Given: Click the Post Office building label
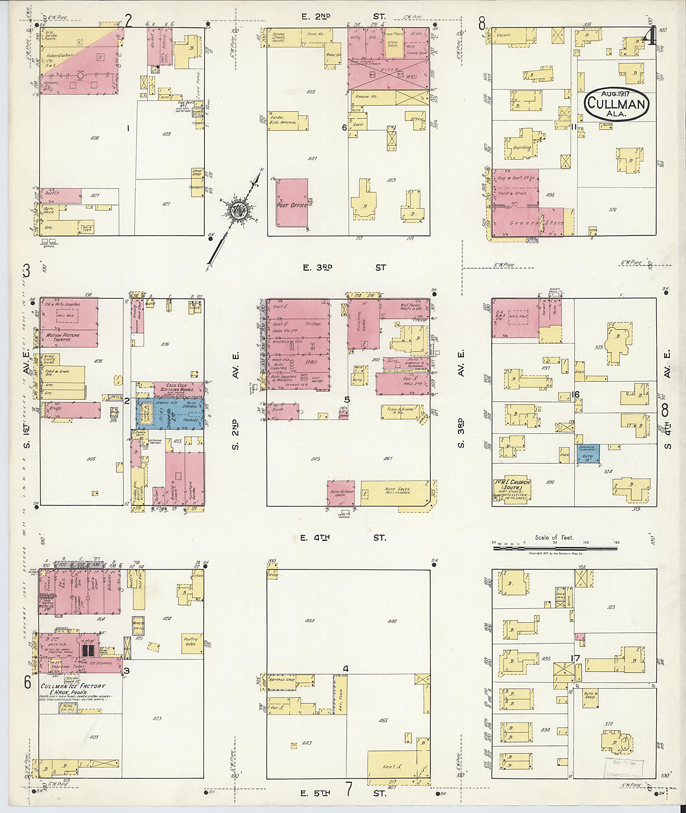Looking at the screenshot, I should (x=292, y=205).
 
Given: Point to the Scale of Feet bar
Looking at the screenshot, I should (x=555, y=548).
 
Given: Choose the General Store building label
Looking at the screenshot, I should (x=537, y=223).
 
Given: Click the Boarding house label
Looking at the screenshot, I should (x=522, y=147).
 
